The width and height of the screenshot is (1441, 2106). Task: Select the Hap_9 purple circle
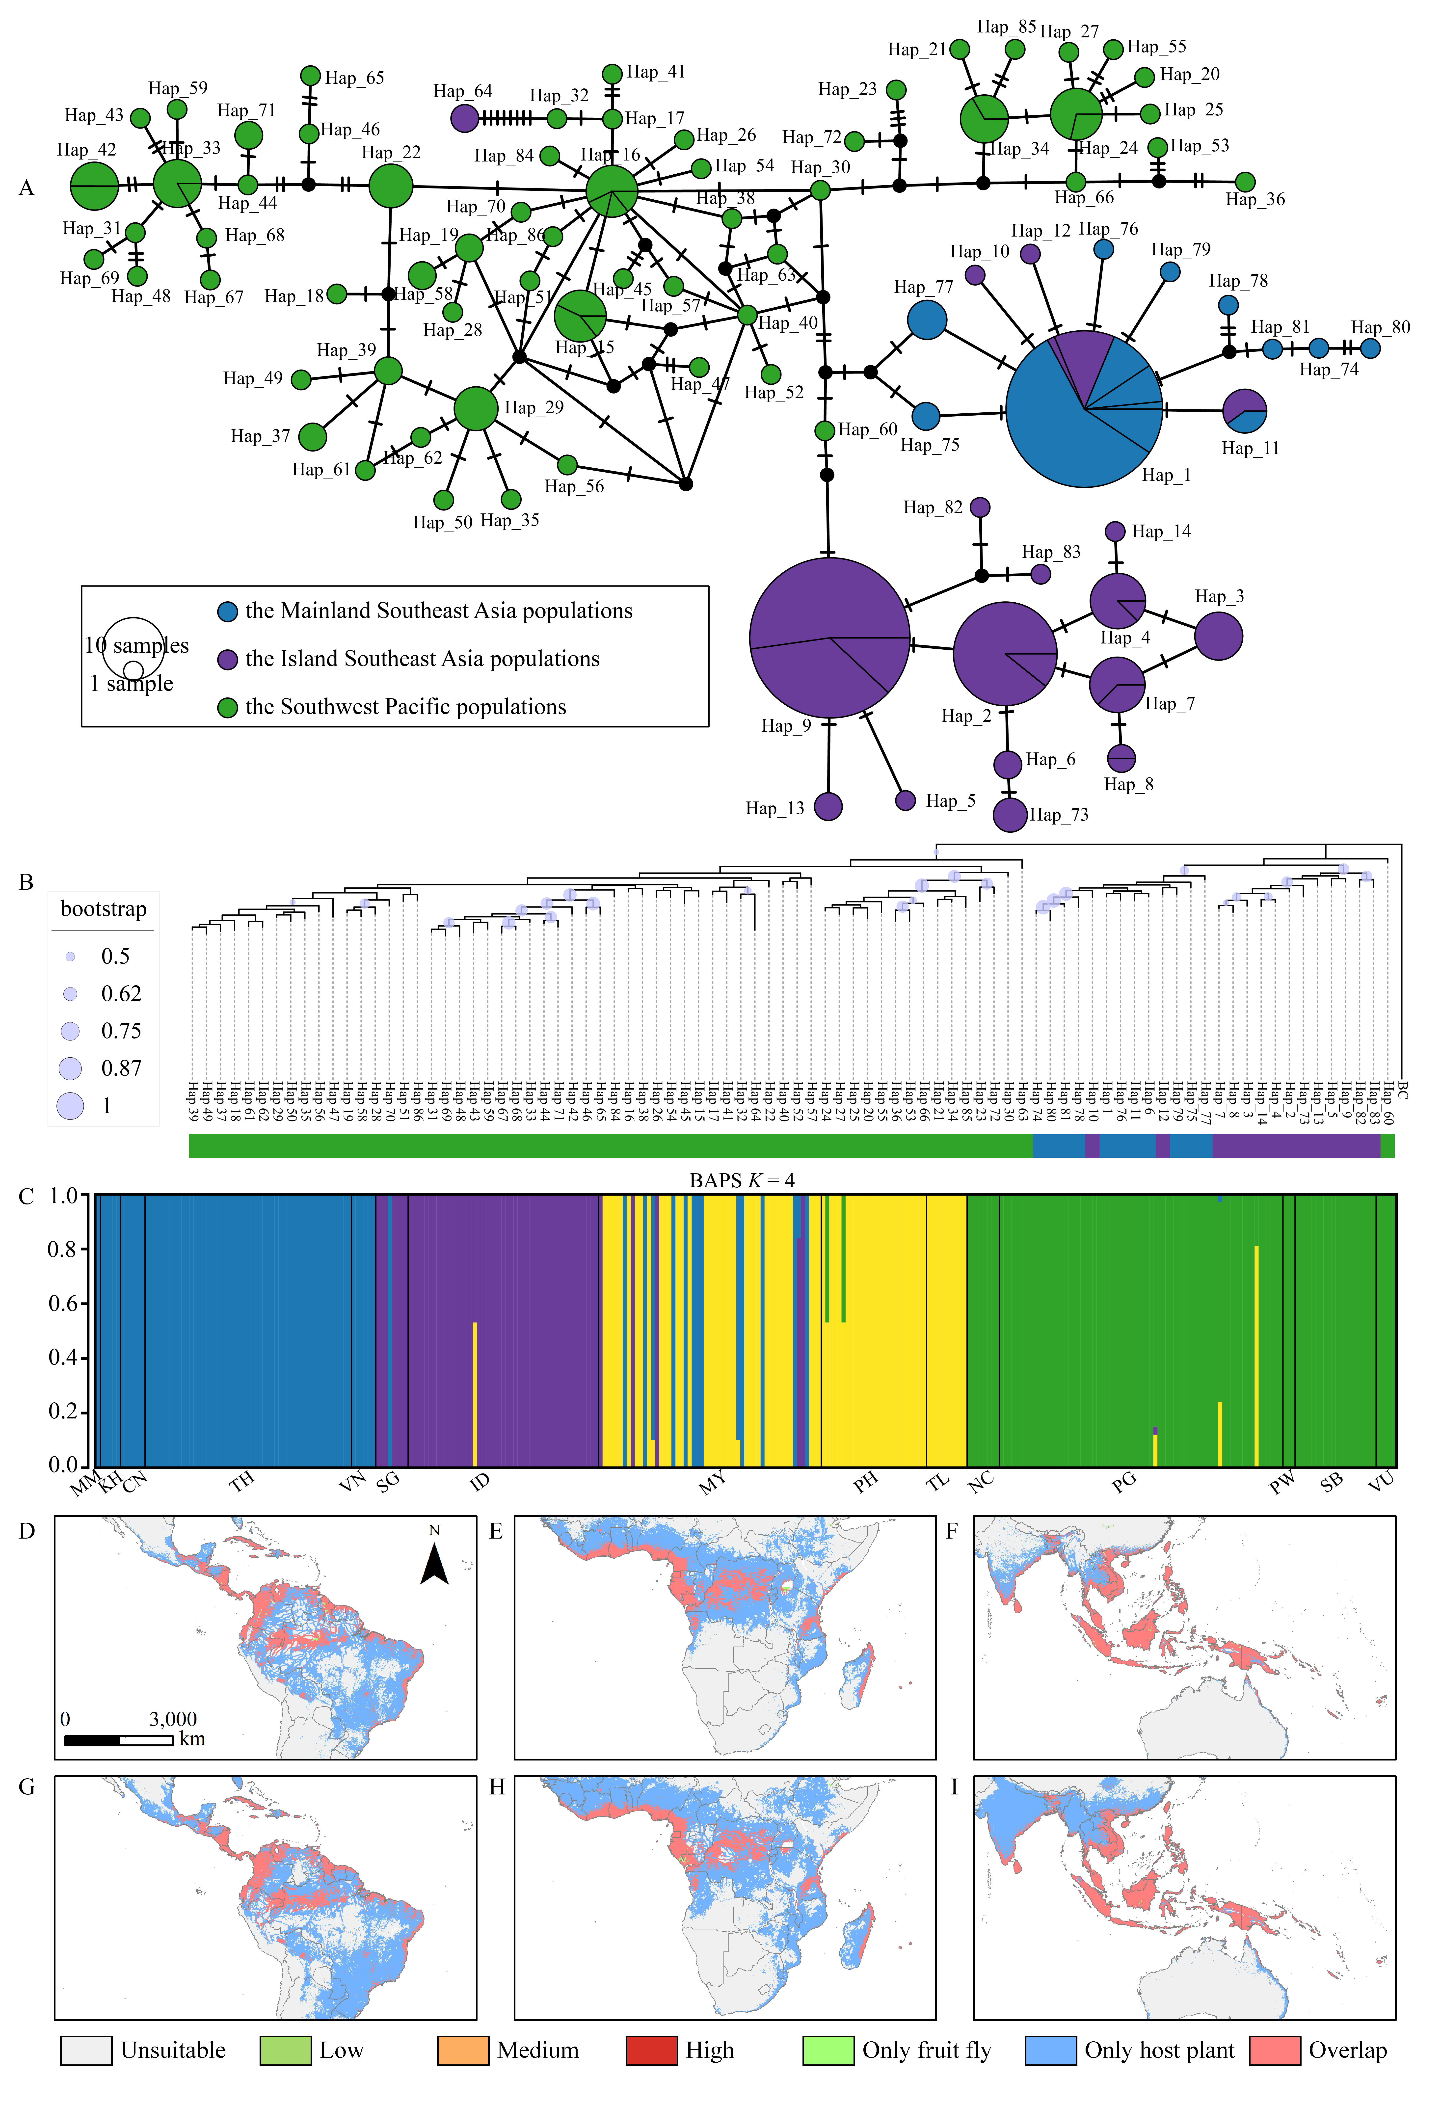(x=829, y=638)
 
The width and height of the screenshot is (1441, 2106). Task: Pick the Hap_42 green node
(x=94, y=186)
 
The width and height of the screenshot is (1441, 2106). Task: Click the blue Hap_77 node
(x=926, y=320)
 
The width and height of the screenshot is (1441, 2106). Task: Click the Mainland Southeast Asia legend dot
(x=227, y=612)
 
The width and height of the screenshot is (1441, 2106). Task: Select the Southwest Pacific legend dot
(x=227, y=708)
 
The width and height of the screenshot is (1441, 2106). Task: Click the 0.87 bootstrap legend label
(x=121, y=1068)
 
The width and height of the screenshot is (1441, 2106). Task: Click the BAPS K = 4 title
(x=741, y=1180)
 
